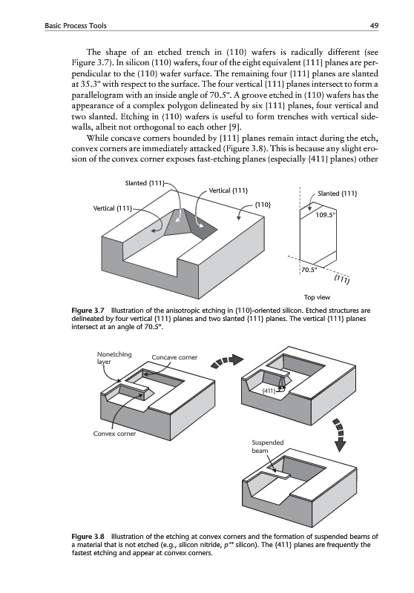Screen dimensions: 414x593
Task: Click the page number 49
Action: [x=374, y=26]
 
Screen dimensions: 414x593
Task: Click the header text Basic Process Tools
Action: [x=76, y=26]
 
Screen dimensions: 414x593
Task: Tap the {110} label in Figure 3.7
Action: [x=263, y=205]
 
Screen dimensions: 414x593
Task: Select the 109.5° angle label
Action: [x=325, y=215]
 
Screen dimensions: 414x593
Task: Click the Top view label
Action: [x=317, y=297]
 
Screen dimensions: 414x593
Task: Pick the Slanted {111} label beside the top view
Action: [x=338, y=193]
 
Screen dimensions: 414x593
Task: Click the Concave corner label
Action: [x=174, y=357]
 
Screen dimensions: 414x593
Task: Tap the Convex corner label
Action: [x=114, y=434]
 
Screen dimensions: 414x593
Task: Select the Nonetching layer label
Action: [x=114, y=358]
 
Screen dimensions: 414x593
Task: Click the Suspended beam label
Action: [x=268, y=447]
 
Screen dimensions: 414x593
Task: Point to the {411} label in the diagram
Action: [x=269, y=391]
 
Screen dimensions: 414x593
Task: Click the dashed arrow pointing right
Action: [x=226, y=361]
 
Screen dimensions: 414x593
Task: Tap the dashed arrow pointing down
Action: [x=341, y=435]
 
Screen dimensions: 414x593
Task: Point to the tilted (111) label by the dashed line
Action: [x=342, y=280]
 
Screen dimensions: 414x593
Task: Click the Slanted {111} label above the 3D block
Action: [x=145, y=183]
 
